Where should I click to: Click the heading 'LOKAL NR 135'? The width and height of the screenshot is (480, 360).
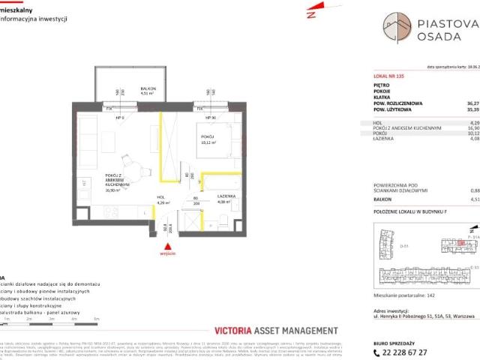377,77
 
